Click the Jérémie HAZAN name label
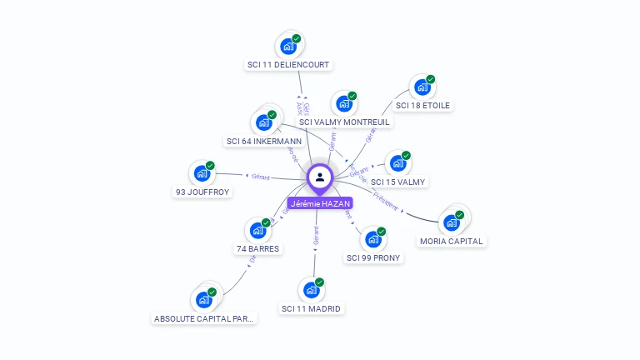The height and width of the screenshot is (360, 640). (320, 203)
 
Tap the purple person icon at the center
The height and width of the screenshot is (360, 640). (320, 177)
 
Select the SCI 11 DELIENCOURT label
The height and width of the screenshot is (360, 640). (288, 64)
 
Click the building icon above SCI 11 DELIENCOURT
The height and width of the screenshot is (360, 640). (288, 46)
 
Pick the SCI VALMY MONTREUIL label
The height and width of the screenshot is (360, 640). (344, 122)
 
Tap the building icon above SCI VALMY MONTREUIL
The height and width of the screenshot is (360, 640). (344, 104)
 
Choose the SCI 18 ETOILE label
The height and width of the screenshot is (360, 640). (422, 106)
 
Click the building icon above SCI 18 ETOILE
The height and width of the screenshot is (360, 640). (422, 87)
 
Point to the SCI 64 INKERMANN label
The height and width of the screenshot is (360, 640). (264, 142)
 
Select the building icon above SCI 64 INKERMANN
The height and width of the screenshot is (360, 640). (264, 122)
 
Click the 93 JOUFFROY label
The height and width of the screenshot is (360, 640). (202, 192)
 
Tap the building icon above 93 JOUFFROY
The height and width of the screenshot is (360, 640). (202, 173)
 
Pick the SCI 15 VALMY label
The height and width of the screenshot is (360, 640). (398, 182)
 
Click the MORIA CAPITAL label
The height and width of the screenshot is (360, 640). (452, 241)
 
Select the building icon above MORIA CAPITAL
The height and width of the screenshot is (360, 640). (452, 222)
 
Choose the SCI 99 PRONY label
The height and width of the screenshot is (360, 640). (374, 257)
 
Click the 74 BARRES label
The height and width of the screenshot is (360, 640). (258, 248)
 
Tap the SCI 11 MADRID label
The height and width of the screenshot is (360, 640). (312, 308)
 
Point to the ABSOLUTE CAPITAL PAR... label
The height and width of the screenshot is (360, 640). (205, 318)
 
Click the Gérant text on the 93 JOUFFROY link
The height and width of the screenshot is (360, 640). (261, 177)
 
